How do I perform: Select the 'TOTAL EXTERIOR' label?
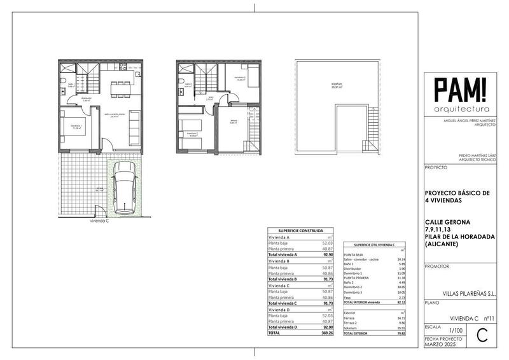point(357,334)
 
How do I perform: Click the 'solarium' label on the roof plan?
point(329,85)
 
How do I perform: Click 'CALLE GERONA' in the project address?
point(448,221)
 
